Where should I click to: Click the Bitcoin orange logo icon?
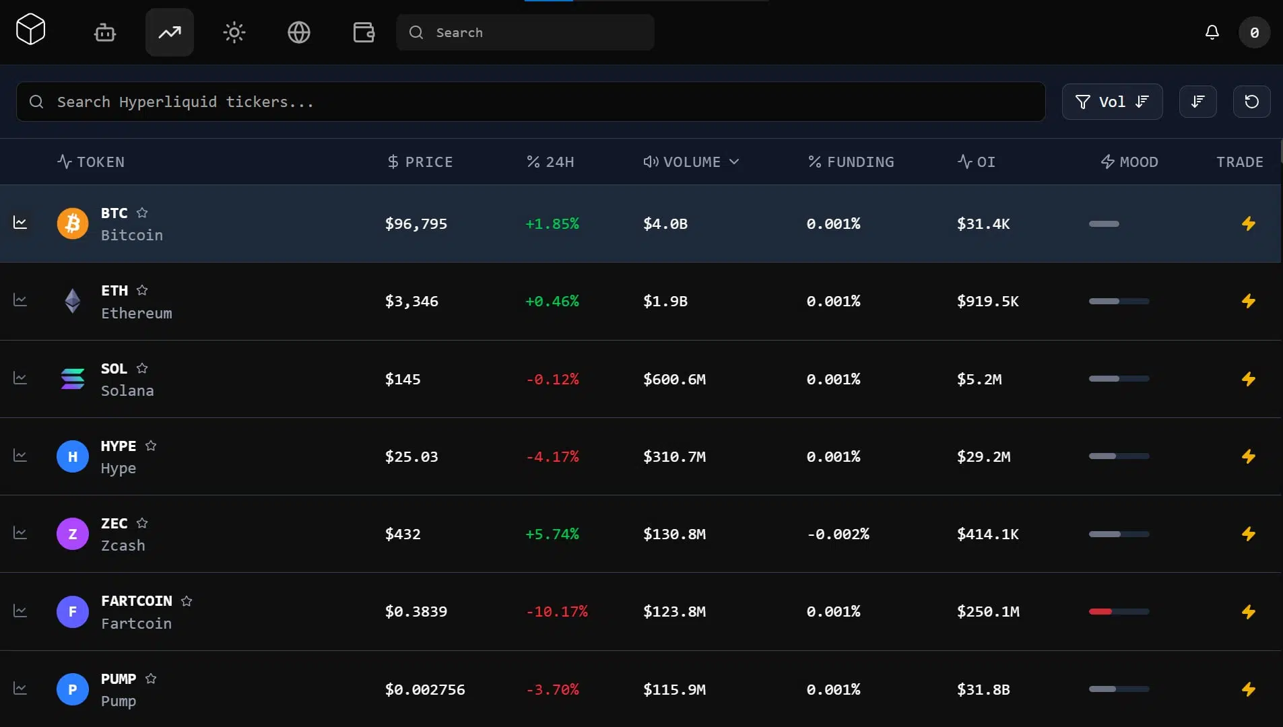(73, 223)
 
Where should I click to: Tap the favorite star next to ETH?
(142, 290)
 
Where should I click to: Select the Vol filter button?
(1112, 102)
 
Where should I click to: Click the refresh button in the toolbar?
(1251, 102)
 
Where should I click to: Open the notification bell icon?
(1212, 32)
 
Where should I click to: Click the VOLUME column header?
(691, 162)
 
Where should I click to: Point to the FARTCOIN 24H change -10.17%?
(557, 611)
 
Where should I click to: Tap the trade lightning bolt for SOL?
(1248, 379)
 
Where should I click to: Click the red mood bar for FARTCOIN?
(1100, 611)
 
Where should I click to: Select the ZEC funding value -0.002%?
(838, 534)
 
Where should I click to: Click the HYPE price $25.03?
(412, 456)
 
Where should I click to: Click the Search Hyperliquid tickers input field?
(531, 102)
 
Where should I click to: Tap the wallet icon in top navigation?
(364, 32)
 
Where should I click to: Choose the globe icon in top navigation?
(299, 32)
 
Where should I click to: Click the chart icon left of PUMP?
(20, 689)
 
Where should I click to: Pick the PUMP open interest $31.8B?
(983, 689)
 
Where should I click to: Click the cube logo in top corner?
(31, 29)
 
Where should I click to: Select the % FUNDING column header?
(851, 162)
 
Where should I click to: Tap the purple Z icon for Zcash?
(73, 534)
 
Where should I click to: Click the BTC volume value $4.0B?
(665, 223)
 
